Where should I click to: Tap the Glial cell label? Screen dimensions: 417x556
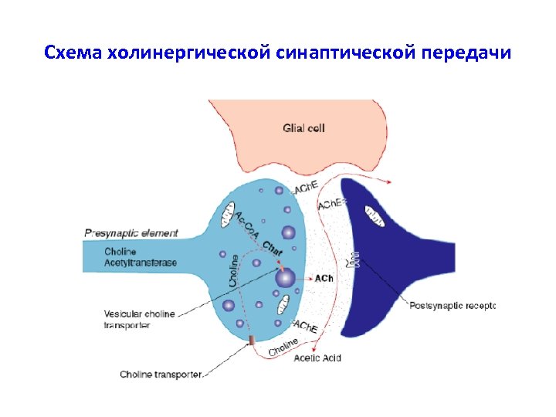point(303,127)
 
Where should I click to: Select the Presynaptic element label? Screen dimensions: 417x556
point(131,232)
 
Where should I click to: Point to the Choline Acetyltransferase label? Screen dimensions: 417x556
point(140,257)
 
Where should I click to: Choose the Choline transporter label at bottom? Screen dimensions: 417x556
point(161,375)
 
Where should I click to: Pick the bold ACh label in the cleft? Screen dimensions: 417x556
point(324,278)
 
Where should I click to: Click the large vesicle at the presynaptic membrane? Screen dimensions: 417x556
point(285,277)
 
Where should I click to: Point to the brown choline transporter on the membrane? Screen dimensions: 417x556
point(251,341)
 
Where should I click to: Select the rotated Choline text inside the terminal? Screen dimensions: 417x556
point(235,271)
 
